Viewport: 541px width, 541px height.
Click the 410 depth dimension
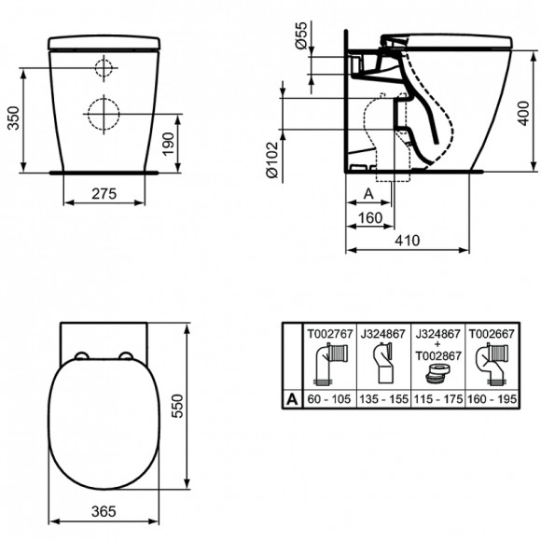tap(406, 241)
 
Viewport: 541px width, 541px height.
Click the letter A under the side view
tap(368, 193)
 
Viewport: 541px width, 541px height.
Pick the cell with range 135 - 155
tap(381, 399)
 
